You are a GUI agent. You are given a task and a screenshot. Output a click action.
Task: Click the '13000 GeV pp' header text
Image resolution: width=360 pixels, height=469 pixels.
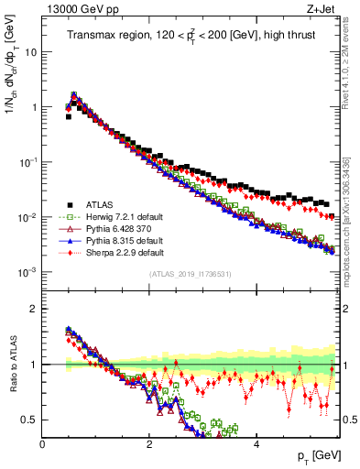[73, 9]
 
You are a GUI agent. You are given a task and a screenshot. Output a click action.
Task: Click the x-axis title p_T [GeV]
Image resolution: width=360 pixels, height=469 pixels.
[316, 455]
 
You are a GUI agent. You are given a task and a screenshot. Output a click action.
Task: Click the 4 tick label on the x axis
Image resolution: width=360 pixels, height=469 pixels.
[256, 442]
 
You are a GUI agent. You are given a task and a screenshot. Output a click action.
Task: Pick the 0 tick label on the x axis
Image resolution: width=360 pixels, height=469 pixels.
[43, 442]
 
